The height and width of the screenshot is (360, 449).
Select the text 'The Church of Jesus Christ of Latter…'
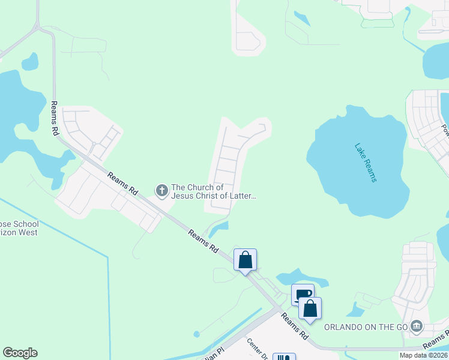[x=214, y=191]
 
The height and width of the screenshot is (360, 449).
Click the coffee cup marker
[x=303, y=294]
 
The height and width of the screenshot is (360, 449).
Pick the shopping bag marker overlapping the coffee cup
[x=310, y=308]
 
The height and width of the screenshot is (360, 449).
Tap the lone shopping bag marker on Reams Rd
[x=245, y=260]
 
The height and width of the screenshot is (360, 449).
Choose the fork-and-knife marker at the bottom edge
[x=285, y=357]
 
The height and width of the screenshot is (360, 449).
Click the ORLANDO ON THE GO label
[x=366, y=327]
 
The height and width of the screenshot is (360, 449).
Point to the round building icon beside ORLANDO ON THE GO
[x=417, y=327]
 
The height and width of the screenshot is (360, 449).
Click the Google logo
[x=20, y=353]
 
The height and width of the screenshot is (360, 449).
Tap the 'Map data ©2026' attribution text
[x=423, y=355]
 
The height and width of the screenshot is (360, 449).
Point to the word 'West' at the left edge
[x=28, y=232]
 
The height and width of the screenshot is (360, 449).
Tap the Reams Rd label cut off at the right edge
[x=436, y=341]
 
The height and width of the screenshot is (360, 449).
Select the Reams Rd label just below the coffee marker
[x=295, y=326]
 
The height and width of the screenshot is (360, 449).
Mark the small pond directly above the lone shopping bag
[x=219, y=227]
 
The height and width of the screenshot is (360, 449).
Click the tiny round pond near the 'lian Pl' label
[x=196, y=334]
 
